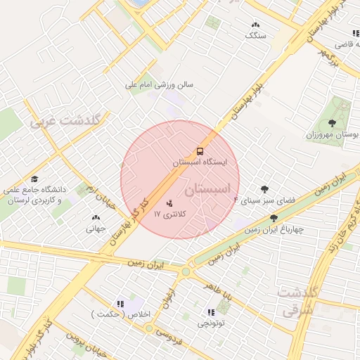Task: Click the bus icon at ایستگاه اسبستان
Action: [200, 151]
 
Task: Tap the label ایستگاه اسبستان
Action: [200, 162]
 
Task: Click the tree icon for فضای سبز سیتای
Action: [264, 189]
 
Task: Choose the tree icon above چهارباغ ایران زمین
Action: [273, 218]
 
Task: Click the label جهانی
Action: [96, 228]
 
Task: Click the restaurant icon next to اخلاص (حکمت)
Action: [120, 304]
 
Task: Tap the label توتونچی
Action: [211, 323]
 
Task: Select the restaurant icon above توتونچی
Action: [211, 312]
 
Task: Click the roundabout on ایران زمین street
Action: [186, 271]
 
